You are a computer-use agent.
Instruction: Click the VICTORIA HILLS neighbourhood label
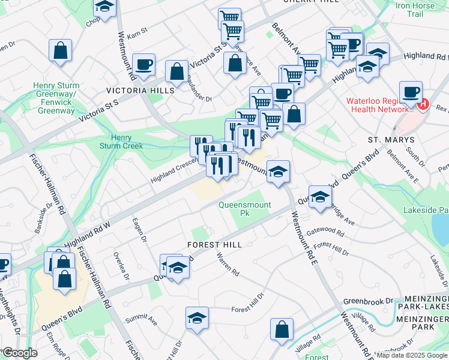(140, 90)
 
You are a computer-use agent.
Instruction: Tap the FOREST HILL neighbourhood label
(214, 245)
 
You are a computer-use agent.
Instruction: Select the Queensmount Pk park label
(244, 208)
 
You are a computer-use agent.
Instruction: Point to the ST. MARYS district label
(391, 139)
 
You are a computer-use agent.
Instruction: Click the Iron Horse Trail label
(415, 9)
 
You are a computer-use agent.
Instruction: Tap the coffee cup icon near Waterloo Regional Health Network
(411, 92)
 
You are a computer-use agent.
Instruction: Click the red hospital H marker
(424, 104)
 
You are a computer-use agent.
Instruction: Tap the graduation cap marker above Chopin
(105, 7)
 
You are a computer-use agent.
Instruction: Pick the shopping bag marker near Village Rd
(282, 329)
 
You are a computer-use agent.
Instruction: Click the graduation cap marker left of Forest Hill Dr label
(197, 318)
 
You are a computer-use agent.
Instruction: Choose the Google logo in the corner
(20, 353)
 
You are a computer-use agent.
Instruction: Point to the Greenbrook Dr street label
(367, 300)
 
